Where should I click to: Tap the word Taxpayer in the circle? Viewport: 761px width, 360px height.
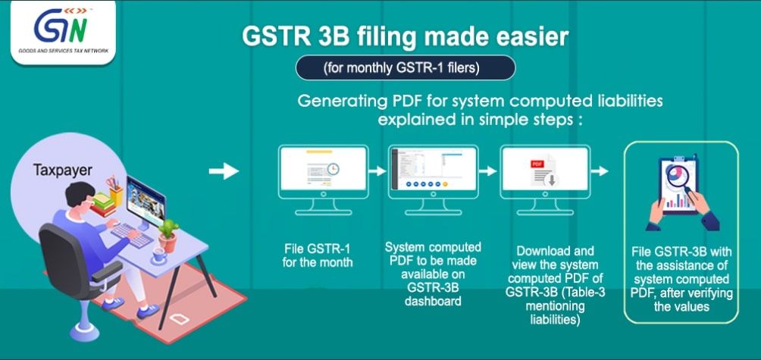coord(63,170)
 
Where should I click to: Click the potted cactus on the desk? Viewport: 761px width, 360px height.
coord(168,235)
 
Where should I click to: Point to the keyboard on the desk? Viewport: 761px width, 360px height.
coord(133,235)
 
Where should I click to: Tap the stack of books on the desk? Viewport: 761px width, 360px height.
coord(103,205)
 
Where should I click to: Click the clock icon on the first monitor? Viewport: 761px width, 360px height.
coord(333,169)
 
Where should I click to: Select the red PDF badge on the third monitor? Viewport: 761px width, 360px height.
coord(537,164)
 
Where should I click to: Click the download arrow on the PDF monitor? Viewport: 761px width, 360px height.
coord(552,180)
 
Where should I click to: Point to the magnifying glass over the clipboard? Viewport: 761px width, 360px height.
coord(681,178)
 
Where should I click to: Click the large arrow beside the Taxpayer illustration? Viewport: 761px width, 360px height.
coord(224,171)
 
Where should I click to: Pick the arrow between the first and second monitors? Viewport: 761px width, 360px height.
coord(377,171)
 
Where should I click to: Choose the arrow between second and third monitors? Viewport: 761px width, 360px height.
coord(488,171)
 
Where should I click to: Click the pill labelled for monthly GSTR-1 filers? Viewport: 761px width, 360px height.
coord(406,68)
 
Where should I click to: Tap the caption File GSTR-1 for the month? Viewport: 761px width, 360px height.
coord(318,256)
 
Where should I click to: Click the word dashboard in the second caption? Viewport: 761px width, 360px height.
coord(433,302)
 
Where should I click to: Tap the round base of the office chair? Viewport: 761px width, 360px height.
coord(84,333)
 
